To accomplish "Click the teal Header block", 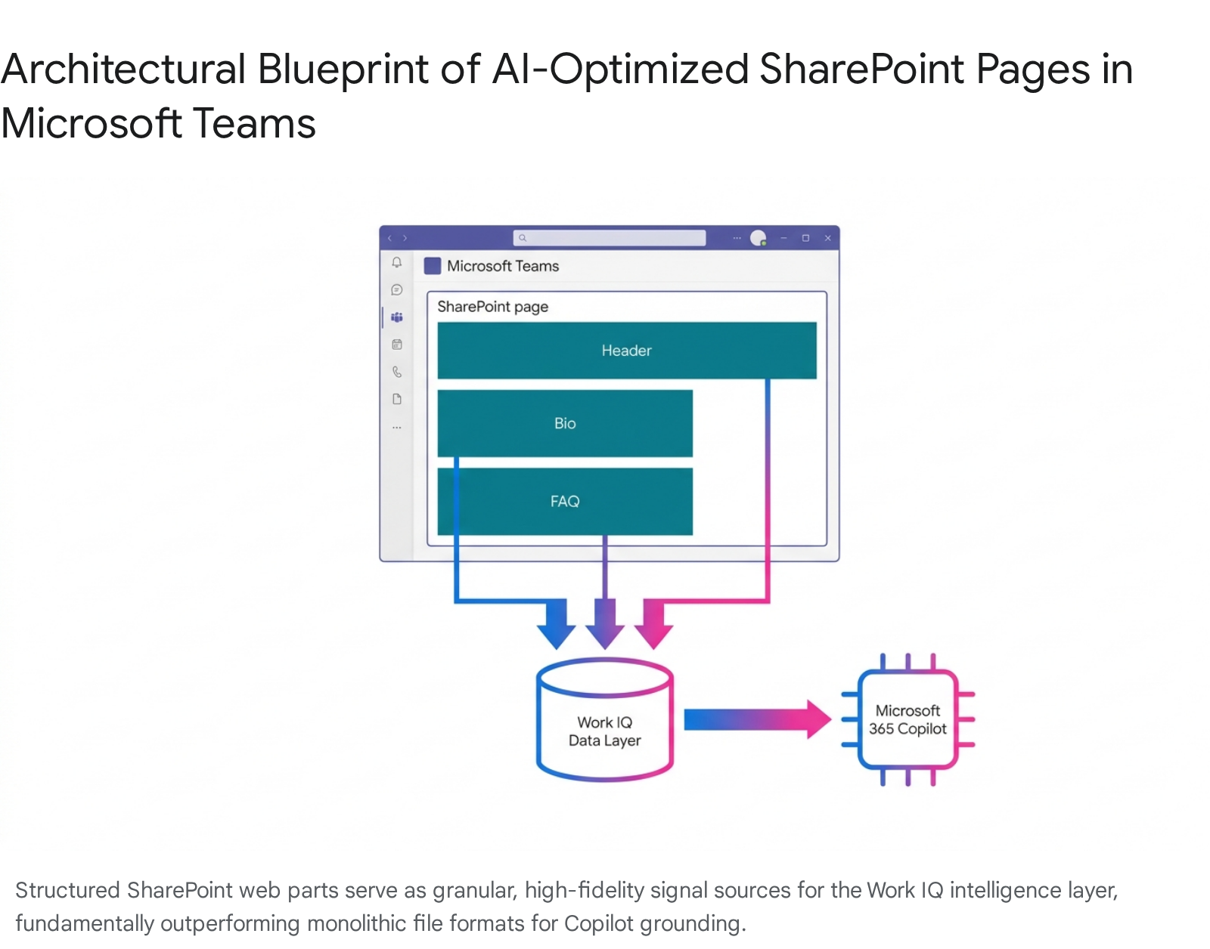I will pyautogui.click(x=626, y=351).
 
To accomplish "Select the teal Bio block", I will pyautogui.click(x=564, y=423).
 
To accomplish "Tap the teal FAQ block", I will pyautogui.click(x=564, y=501).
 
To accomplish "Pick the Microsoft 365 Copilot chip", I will pyautogui.click(x=907, y=719).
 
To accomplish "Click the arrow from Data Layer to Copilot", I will pyautogui.click(x=756, y=719).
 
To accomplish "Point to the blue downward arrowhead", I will pyautogui.click(x=556, y=629).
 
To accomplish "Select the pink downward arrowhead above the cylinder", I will pyautogui.click(x=654, y=629).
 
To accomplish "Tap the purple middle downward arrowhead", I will pyautogui.click(x=605, y=629).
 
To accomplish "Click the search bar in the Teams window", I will pyautogui.click(x=609, y=238).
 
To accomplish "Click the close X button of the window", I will pyautogui.click(x=828, y=238).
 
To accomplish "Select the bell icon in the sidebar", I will pyautogui.click(x=397, y=262).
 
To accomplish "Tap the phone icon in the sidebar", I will pyautogui.click(x=397, y=372).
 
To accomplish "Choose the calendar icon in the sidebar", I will pyautogui.click(x=397, y=345).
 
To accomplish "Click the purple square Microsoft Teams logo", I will pyautogui.click(x=433, y=266).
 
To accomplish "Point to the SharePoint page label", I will pyautogui.click(x=492, y=307).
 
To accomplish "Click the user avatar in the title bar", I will pyautogui.click(x=758, y=238).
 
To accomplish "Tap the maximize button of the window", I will pyautogui.click(x=805, y=238).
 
